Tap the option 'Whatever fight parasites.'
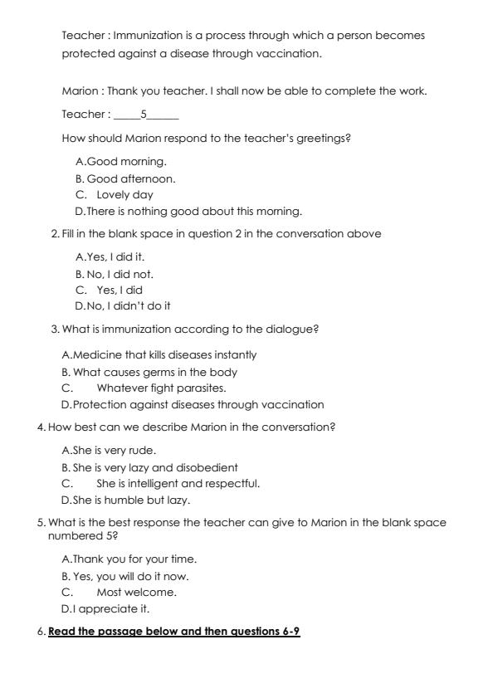pyautogui.click(x=161, y=388)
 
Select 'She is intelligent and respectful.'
pyautogui.click(x=178, y=483)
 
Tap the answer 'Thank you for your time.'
pyautogui.click(x=134, y=559)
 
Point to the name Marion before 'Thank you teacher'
pyautogui.click(x=79, y=90)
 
